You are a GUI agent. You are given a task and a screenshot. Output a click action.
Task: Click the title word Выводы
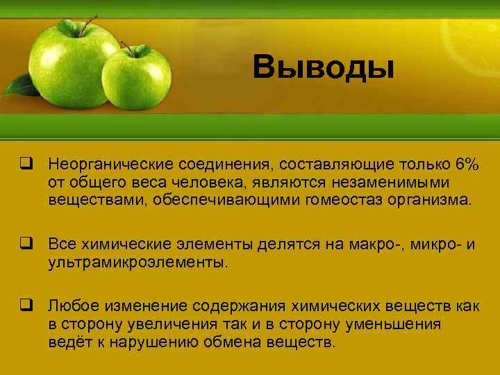[x=324, y=68]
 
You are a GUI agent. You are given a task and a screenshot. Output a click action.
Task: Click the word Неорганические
[x=111, y=166]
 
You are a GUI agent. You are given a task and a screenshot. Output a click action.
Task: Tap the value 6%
[x=467, y=166]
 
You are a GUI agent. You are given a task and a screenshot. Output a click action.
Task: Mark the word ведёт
[x=69, y=343]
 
